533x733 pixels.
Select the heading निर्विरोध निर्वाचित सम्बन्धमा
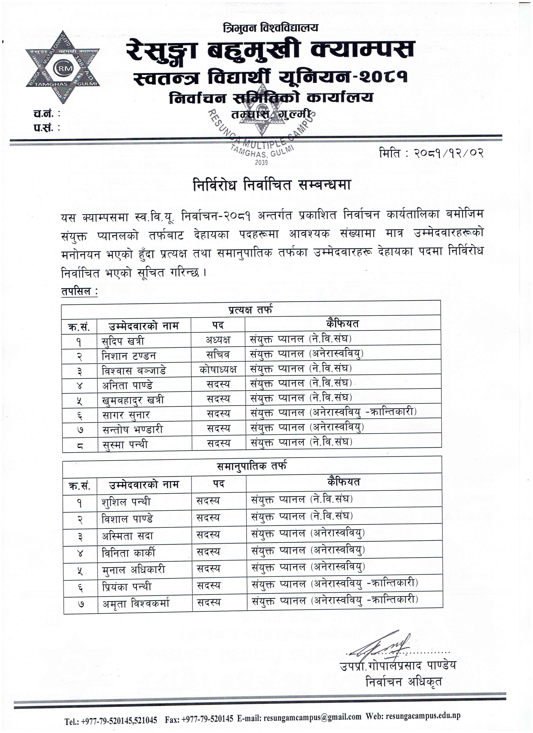pyautogui.click(x=272, y=186)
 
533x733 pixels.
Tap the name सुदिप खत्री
pyautogui.click(x=122, y=341)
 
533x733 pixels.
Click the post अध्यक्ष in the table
pyautogui.click(x=218, y=339)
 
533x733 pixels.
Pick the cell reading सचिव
pyautogui.click(x=218, y=354)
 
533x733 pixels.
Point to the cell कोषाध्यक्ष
pyautogui.click(x=218, y=369)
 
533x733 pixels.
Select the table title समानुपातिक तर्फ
pyautogui.click(x=251, y=466)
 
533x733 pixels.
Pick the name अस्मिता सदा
pyautogui.click(x=127, y=536)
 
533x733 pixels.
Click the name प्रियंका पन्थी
pyautogui.click(x=126, y=586)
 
